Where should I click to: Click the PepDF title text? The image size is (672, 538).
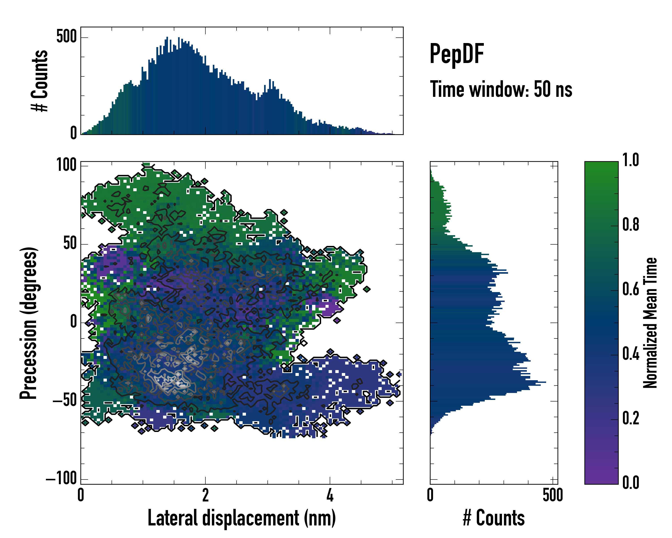coord(457,54)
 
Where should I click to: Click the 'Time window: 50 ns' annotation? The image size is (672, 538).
coord(501,89)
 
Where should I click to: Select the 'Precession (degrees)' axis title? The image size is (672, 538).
coord(29,323)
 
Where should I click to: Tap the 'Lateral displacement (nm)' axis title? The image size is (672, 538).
coord(241,518)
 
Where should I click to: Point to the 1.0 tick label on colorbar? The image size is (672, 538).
coord(631,160)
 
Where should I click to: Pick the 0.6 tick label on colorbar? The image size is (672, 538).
coord(631,289)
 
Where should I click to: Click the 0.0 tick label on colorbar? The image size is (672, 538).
coord(631,482)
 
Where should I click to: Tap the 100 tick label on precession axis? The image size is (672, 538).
coord(66,165)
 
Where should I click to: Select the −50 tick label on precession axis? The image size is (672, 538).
coord(65,400)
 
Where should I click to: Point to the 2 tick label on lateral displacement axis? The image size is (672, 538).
coord(205,495)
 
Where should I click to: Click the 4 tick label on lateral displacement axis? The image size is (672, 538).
coord(330,495)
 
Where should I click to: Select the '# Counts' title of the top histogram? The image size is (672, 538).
coord(40,81)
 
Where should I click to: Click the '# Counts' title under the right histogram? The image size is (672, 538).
coord(494,518)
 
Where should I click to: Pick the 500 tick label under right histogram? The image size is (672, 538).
coord(553,495)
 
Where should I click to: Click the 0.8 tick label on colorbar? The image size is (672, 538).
coord(631,225)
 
